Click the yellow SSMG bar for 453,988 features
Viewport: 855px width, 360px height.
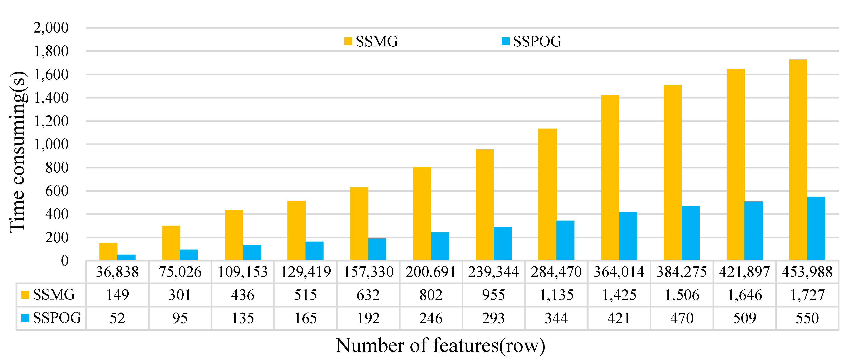click(x=798, y=159)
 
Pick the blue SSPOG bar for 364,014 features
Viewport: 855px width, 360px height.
click(x=628, y=236)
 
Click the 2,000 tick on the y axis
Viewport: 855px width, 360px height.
click(x=51, y=28)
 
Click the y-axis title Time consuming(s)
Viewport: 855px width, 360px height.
click(x=18, y=152)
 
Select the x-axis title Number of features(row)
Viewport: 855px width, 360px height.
click(x=440, y=345)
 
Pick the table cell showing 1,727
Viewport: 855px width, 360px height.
click(x=807, y=295)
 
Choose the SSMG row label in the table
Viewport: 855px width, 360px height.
click(x=49, y=295)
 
